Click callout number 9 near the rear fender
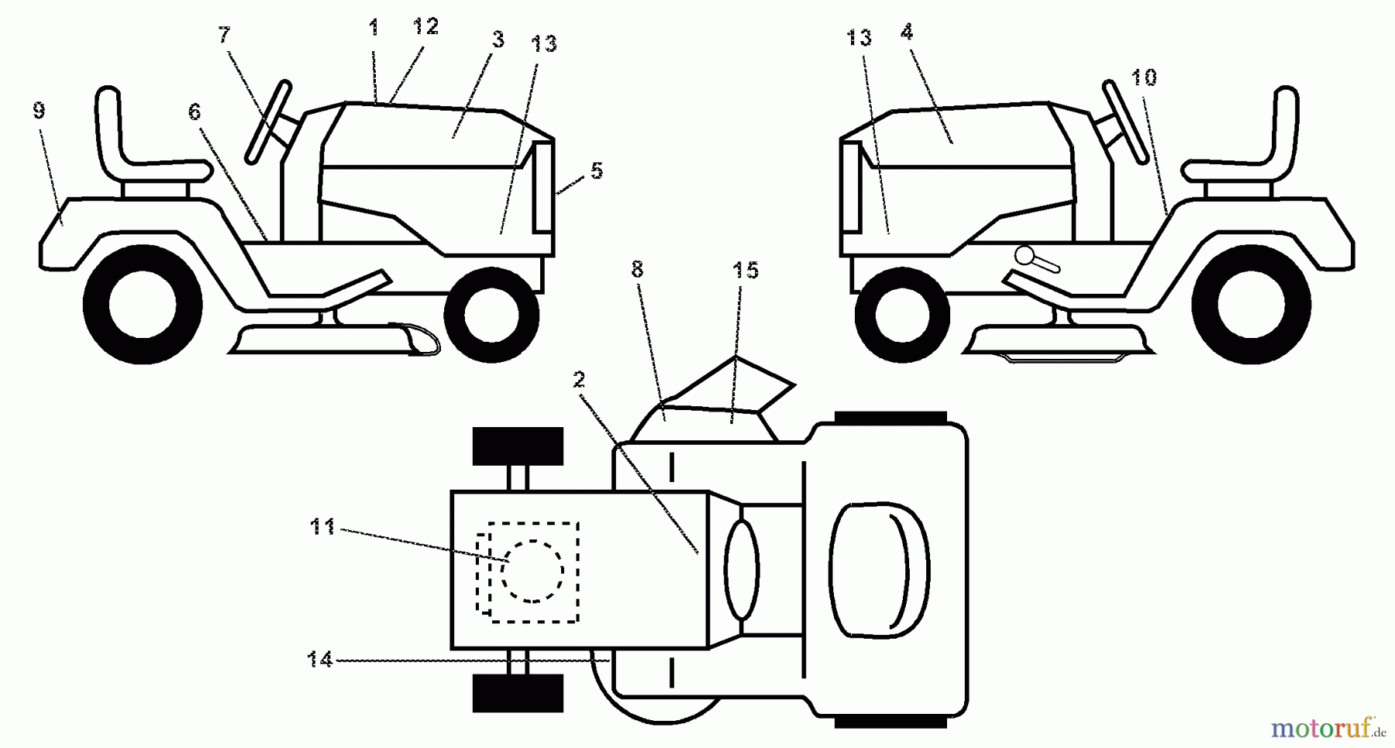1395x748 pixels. [39, 111]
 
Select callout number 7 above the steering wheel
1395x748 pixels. [224, 35]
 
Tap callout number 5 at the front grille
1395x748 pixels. [596, 171]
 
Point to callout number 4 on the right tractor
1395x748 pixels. [907, 32]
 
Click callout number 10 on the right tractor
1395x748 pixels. [1144, 78]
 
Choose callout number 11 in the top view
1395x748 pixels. [322, 528]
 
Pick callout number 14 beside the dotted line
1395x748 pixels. [319, 660]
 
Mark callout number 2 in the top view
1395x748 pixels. [579, 380]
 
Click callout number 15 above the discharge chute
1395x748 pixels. [745, 271]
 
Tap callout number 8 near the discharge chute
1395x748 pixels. [637, 269]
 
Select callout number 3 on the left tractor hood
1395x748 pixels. [498, 40]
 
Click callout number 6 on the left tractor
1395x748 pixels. [194, 112]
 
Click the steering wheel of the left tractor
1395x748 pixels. [268, 122]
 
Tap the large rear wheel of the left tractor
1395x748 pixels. [143, 304]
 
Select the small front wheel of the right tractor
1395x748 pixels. [902, 314]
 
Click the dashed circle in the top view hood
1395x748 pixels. [532, 571]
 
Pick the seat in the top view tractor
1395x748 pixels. [880, 569]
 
